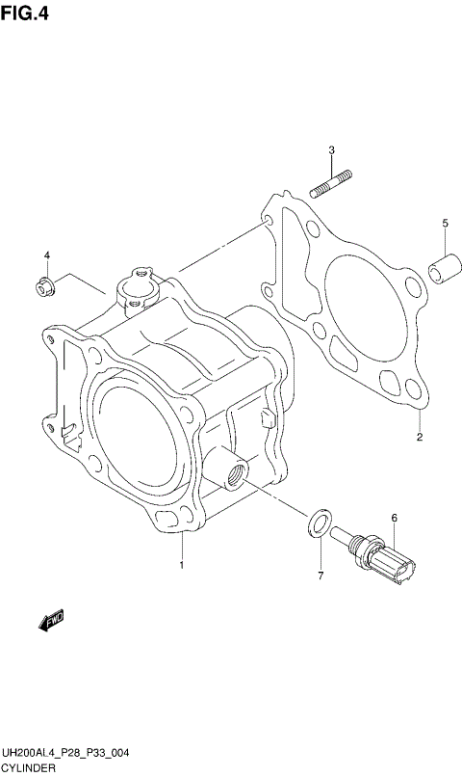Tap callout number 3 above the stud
pyautogui.click(x=330, y=149)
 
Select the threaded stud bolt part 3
pyautogui.click(x=331, y=182)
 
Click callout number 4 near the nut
pyautogui.click(x=45, y=255)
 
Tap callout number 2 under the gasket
pyautogui.click(x=419, y=439)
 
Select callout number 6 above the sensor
pyautogui.click(x=394, y=519)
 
